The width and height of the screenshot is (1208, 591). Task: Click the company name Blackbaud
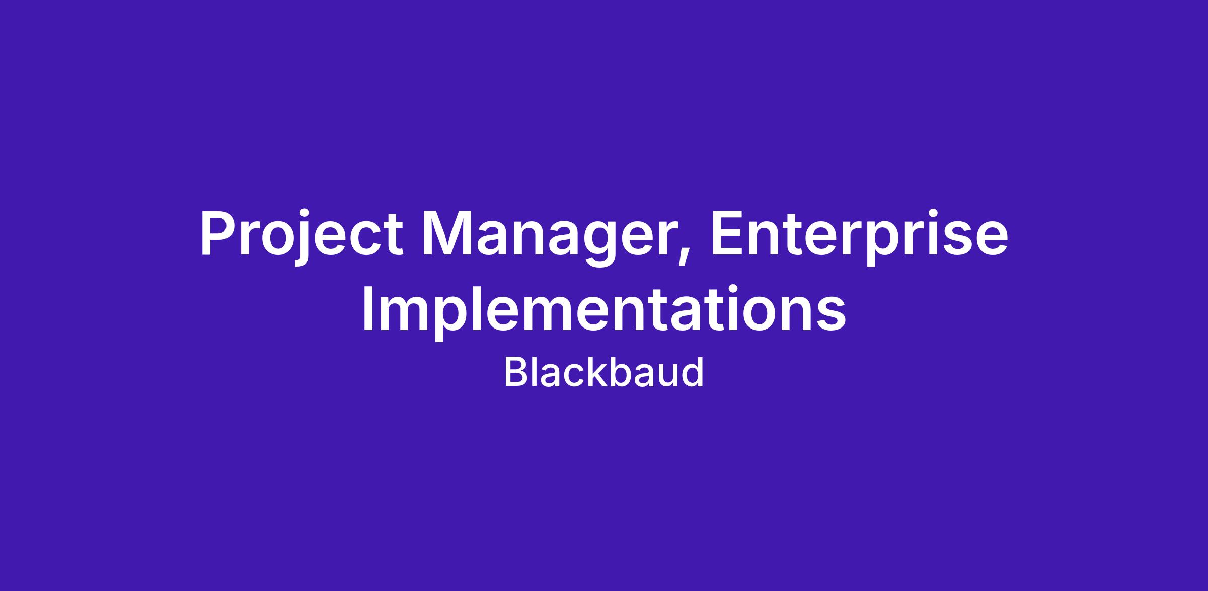[604, 372]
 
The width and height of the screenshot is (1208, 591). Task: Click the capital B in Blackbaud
[515, 372]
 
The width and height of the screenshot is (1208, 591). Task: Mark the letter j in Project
[301, 239]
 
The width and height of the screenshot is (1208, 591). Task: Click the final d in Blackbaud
[693, 372]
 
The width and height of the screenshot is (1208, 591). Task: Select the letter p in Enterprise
[882, 244]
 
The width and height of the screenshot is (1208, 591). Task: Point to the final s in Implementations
[832, 315]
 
